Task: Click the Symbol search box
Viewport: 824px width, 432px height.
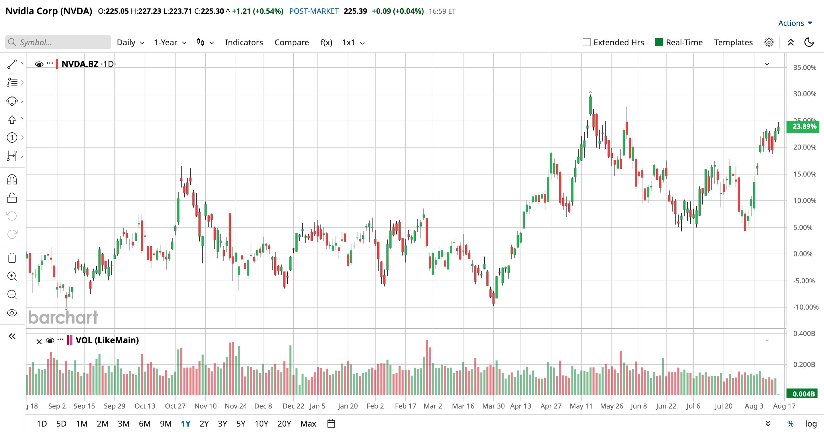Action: pyautogui.click(x=58, y=42)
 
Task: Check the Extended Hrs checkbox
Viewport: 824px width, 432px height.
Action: pyautogui.click(x=586, y=42)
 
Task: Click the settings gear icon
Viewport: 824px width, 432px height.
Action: pyautogui.click(x=769, y=42)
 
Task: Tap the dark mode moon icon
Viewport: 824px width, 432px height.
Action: pyautogui.click(x=809, y=42)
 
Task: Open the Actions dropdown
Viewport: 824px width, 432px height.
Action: pyautogui.click(x=795, y=23)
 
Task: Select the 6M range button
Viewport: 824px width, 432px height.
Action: pyautogui.click(x=145, y=424)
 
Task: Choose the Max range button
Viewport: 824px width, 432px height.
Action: pyautogui.click(x=308, y=424)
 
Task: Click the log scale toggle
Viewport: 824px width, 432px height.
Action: pyautogui.click(x=811, y=424)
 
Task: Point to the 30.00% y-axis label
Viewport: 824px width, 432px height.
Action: pyautogui.click(x=805, y=94)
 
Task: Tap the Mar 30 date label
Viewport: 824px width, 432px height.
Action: pyautogui.click(x=493, y=406)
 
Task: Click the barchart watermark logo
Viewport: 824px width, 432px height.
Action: pyautogui.click(x=63, y=317)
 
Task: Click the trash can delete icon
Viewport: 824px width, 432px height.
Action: pyautogui.click(x=12, y=258)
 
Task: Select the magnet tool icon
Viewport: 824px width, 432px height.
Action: pyautogui.click(x=12, y=180)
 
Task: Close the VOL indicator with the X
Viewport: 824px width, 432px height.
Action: pyautogui.click(x=39, y=342)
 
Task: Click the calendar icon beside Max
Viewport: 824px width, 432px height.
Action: pyautogui.click(x=331, y=424)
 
